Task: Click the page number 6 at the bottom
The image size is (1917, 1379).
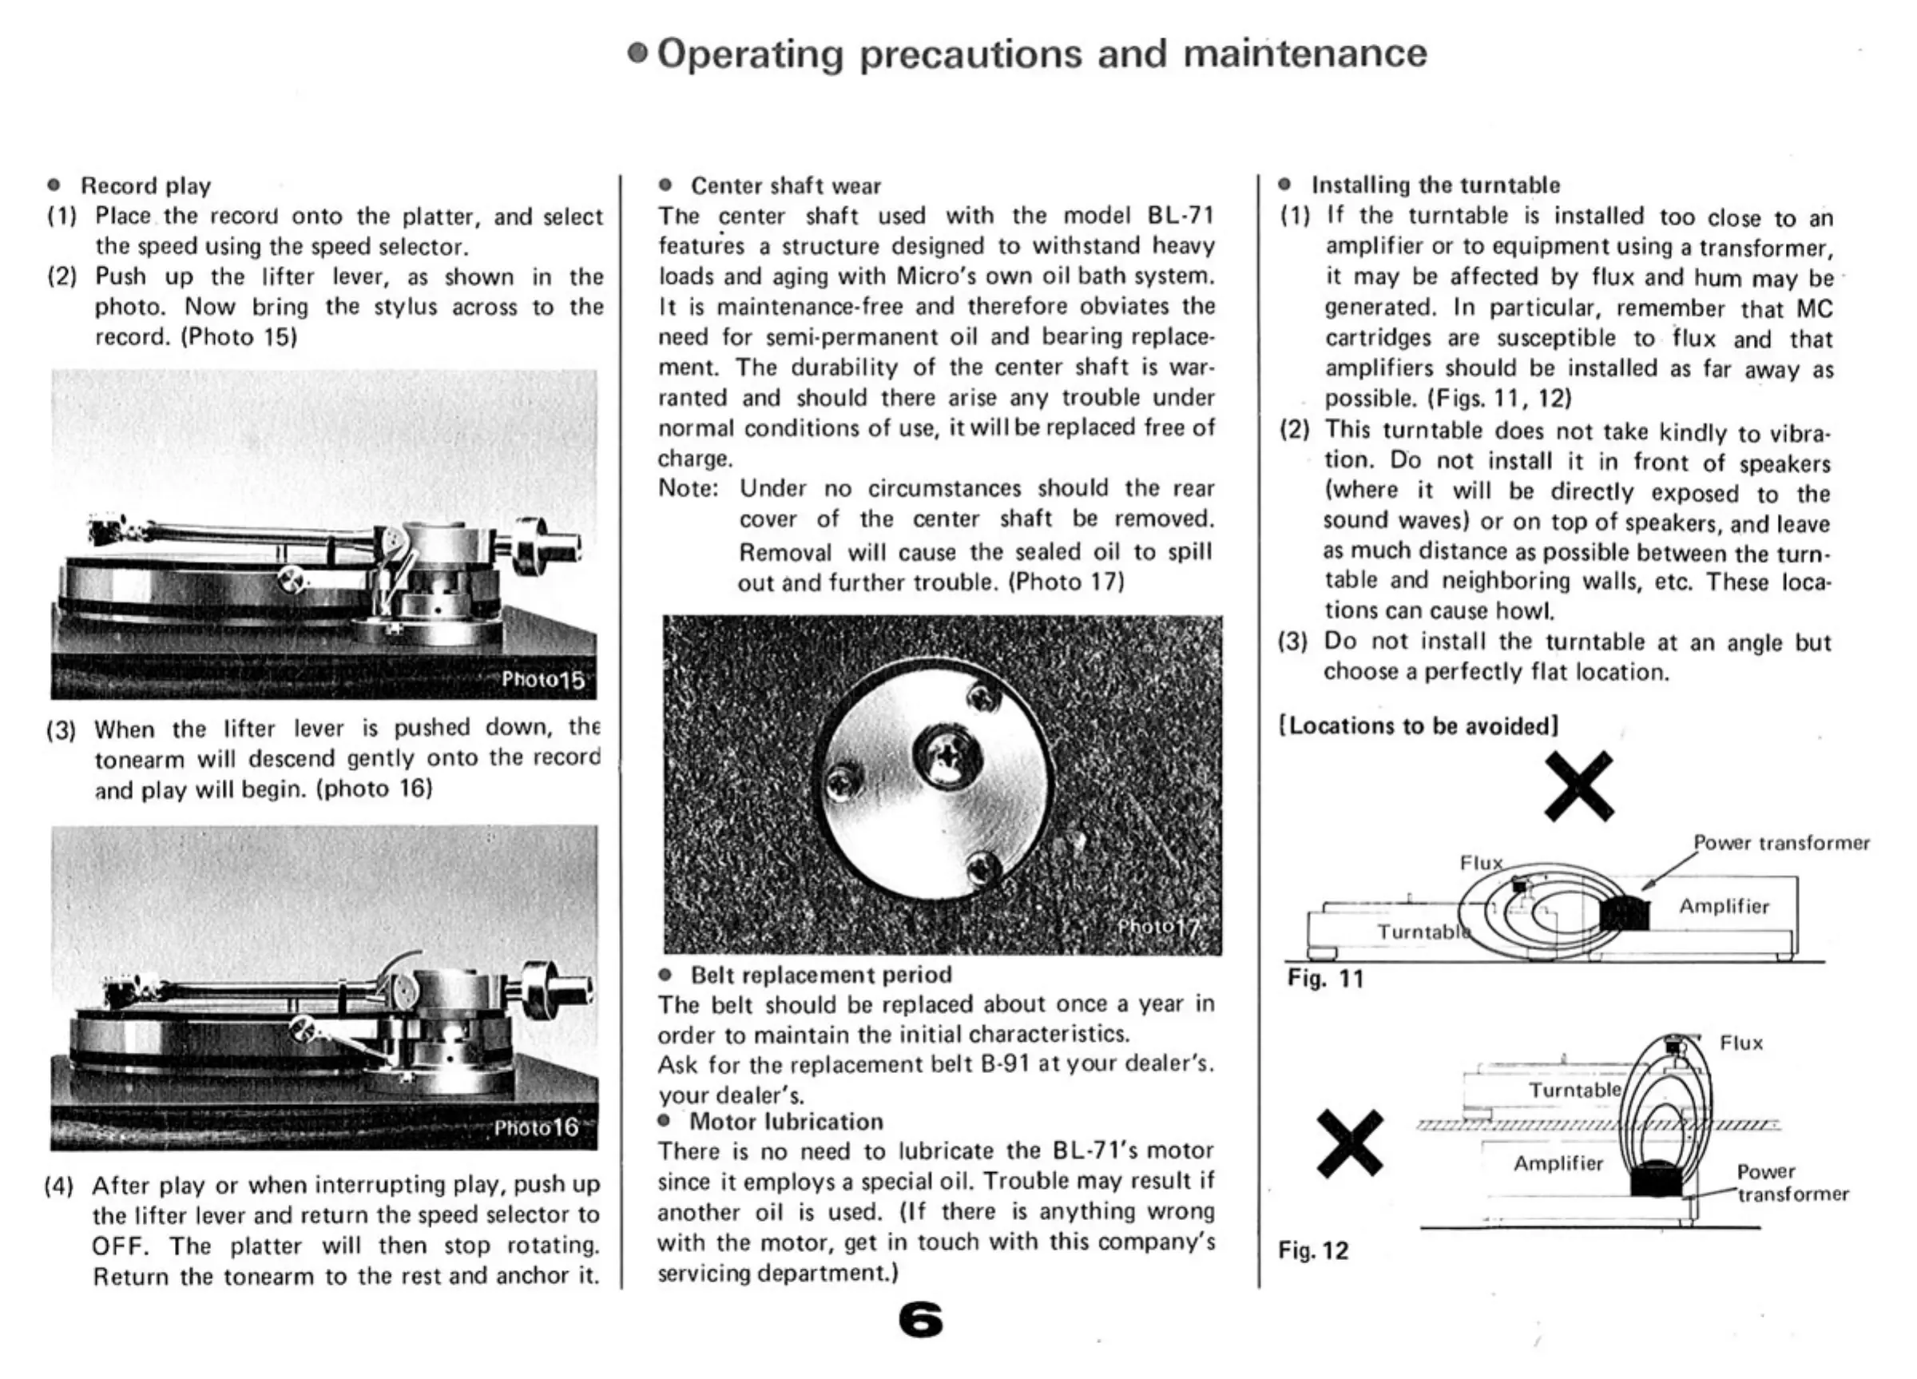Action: pyautogui.click(x=920, y=1320)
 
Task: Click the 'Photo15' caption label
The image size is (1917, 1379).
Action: pyautogui.click(x=542, y=679)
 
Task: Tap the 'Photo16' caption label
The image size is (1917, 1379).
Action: pyautogui.click(x=536, y=1127)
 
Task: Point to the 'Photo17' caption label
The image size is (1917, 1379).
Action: pyautogui.click(x=1157, y=927)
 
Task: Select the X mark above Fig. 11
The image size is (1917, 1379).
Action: pyautogui.click(x=1578, y=785)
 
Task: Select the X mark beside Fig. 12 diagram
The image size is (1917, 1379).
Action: pyautogui.click(x=1350, y=1144)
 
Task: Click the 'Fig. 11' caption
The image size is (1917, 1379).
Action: pyautogui.click(x=1325, y=978)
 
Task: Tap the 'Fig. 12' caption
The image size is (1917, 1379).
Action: pyautogui.click(x=1312, y=1250)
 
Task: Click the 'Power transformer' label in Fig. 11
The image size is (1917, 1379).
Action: pyautogui.click(x=1781, y=843)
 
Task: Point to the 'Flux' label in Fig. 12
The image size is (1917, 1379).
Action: pyautogui.click(x=1741, y=1043)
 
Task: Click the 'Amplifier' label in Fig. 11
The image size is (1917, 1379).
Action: pyautogui.click(x=1724, y=906)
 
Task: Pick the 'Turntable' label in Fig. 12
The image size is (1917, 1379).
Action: pyautogui.click(x=1574, y=1090)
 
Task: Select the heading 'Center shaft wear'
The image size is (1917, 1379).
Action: pyautogui.click(x=785, y=186)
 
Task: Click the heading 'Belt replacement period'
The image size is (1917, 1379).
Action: pyautogui.click(x=821, y=975)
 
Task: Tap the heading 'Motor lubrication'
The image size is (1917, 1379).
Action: pyautogui.click(x=786, y=1121)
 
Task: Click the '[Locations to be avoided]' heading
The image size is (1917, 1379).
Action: pyautogui.click(x=1419, y=725)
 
